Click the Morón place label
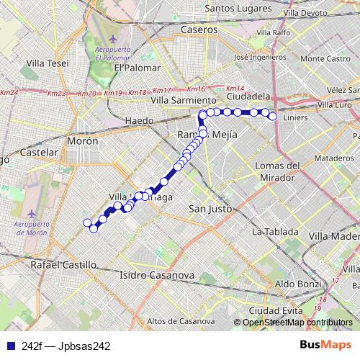click(82, 141)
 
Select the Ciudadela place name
click(248, 95)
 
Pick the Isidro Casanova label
click(157, 275)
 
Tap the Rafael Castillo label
click(63, 265)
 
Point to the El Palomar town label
click(135, 68)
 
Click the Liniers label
click(295, 117)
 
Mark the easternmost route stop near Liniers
click(272, 116)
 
